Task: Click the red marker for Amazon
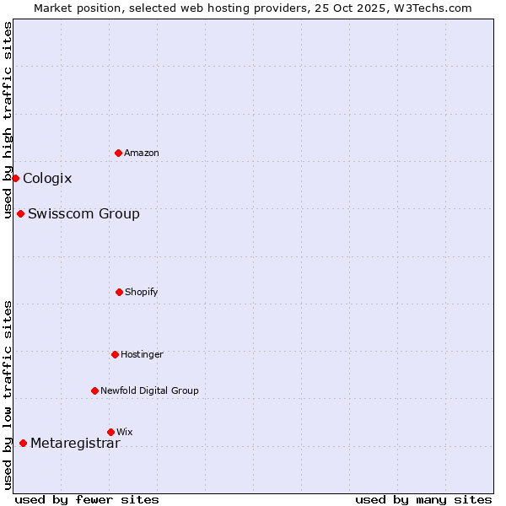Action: [x=118, y=153]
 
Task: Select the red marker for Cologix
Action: [x=15, y=178]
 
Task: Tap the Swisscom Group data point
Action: [x=20, y=213]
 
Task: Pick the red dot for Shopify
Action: [x=119, y=292]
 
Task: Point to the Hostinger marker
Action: [x=115, y=354]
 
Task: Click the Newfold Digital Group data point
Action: [x=94, y=390]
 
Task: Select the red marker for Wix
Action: [x=110, y=432]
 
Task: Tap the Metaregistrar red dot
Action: [x=23, y=443]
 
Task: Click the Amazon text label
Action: [x=142, y=153]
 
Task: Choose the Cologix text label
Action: [x=47, y=178]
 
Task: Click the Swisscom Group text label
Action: [x=83, y=213]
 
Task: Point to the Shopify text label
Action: [x=142, y=292]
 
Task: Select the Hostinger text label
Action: [x=142, y=354]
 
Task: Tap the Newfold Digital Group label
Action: [x=149, y=390]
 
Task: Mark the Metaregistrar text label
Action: [x=75, y=444]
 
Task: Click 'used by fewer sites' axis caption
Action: [x=87, y=499]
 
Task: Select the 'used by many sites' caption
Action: [x=423, y=499]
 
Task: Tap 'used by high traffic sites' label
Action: [x=8, y=120]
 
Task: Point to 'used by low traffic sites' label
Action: [x=8, y=395]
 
